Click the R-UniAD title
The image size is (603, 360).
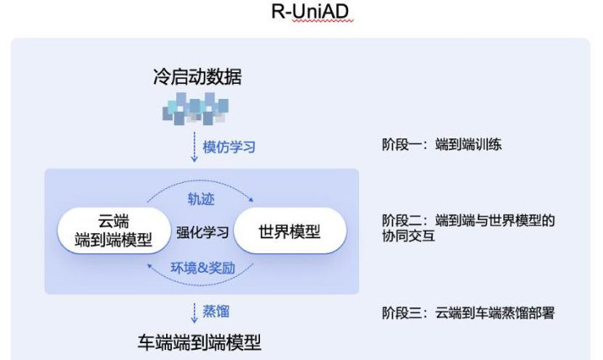pyautogui.click(x=310, y=11)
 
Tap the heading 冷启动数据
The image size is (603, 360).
pyautogui.click(x=198, y=76)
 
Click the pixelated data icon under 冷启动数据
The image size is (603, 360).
pyautogui.click(x=195, y=109)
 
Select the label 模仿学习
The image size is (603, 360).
pyautogui.click(x=229, y=147)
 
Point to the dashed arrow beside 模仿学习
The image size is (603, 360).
pyautogui.click(x=195, y=147)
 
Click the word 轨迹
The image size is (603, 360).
pyautogui.click(x=200, y=199)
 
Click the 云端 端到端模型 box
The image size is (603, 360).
pyautogui.click(x=114, y=231)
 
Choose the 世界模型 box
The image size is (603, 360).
pyautogui.click(x=290, y=231)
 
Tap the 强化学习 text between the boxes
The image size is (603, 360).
pyautogui.click(x=202, y=232)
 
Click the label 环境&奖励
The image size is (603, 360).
pyautogui.click(x=203, y=268)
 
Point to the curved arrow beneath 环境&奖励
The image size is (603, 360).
pyautogui.click(x=200, y=283)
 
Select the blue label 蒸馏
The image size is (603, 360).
pyautogui.click(x=216, y=311)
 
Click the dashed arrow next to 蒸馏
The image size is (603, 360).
pyautogui.click(x=195, y=313)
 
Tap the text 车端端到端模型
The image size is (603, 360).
pyautogui.click(x=200, y=342)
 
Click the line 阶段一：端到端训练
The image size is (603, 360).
pyautogui.click(x=441, y=144)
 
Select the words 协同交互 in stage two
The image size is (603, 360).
pyautogui.click(x=408, y=236)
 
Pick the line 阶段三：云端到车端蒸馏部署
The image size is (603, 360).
pyautogui.click(x=468, y=313)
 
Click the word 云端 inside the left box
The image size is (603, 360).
pyautogui.click(x=114, y=222)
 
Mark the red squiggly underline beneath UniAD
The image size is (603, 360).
pyautogui.click(x=322, y=22)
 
